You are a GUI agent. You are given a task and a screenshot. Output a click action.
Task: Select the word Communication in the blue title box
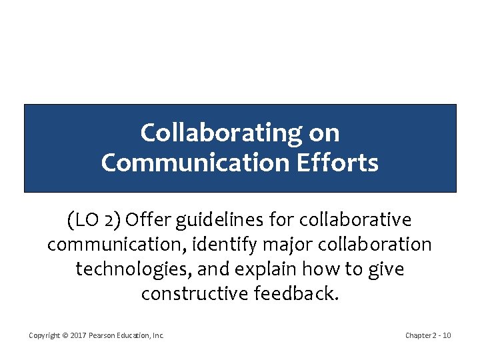pyautogui.click(x=194, y=163)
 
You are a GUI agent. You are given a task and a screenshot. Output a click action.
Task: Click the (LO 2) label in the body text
pyautogui.click(x=93, y=219)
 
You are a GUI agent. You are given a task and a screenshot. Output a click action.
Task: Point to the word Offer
pyautogui.click(x=146, y=219)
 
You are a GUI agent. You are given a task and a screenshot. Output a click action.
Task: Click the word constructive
pyautogui.click(x=196, y=294)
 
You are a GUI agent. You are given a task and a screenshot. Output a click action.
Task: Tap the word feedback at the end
pyautogui.click(x=298, y=294)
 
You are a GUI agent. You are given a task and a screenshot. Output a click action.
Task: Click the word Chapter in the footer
pyautogui.click(x=418, y=335)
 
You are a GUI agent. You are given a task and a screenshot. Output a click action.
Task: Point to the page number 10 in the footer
pyautogui.click(x=447, y=335)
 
